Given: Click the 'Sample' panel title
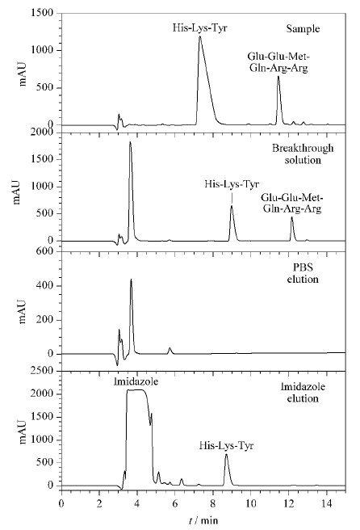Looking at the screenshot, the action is pyautogui.click(x=303, y=29).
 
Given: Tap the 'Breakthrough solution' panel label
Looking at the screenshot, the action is pyautogui.click(x=303, y=154).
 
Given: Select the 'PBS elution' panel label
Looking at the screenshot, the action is pyautogui.click(x=303, y=273).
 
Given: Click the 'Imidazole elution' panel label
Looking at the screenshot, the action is pyautogui.click(x=303, y=392).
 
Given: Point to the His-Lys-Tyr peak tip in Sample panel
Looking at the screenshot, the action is pyautogui.click(x=199, y=36).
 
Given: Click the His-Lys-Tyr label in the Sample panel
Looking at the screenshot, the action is pyautogui.click(x=200, y=27).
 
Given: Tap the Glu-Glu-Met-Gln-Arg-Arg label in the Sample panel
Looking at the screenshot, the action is pyautogui.click(x=278, y=62).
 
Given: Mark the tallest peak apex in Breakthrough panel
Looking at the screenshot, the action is pyautogui.click(x=130, y=142).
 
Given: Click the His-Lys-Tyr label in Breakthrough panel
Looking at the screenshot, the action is pyautogui.click(x=232, y=184).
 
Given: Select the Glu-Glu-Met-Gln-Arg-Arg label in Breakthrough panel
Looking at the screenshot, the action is pyautogui.click(x=292, y=203).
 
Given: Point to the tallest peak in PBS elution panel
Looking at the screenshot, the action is pyautogui.click(x=131, y=280).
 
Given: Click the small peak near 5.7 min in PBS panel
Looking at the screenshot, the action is pyautogui.click(x=170, y=348).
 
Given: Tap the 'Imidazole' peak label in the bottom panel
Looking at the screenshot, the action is pyautogui.click(x=136, y=382).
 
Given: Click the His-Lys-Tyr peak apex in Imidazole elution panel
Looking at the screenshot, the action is pyautogui.click(x=226, y=455).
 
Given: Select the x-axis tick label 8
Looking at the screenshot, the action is pyautogui.click(x=213, y=503).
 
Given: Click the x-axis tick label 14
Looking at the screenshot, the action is pyautogui.click(x=327, y=503).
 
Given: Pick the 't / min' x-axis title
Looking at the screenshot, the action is pyautogui.click(x=203, y=519).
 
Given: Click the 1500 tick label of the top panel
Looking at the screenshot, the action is pyautogui.click(x=42, y=13).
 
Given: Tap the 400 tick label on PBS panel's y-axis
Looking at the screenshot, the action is pyautogui.click(x=45, y=286).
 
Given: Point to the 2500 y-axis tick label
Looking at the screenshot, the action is pyautogui.click(x=42, y=371).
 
